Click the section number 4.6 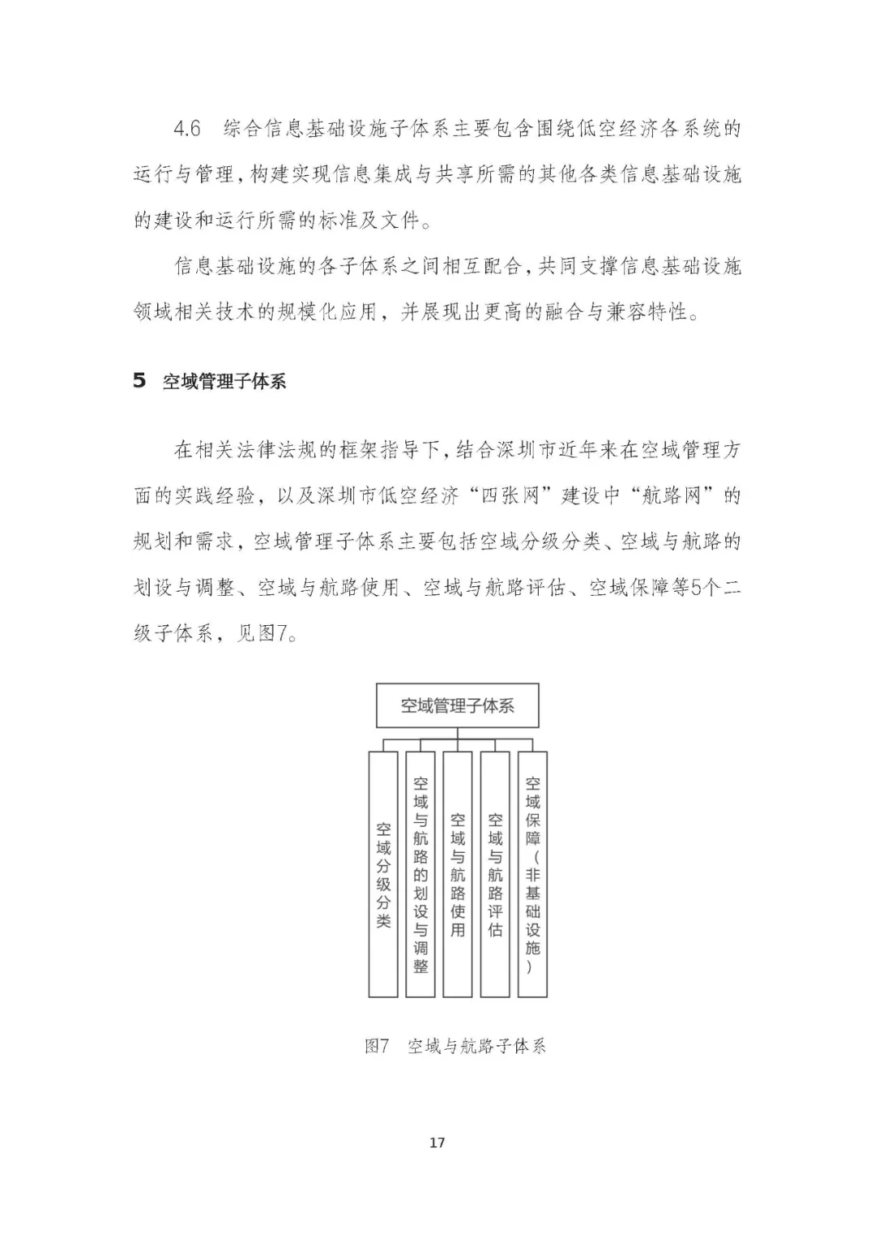(187, 130)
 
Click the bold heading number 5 (139, 381)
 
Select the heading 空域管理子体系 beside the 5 (224, 382)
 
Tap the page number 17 (437, 1143)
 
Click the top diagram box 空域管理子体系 (458, 706)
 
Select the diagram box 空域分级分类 (383, 874)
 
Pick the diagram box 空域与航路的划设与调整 (420, 874)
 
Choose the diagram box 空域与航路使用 (458, 874)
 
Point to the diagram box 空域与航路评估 (495, 874)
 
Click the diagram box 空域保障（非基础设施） (532, 874)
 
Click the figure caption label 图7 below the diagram (378, 1046)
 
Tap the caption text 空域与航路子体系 (477, 1046)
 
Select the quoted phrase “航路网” (673, 496)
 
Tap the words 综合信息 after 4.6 (262, 130)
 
